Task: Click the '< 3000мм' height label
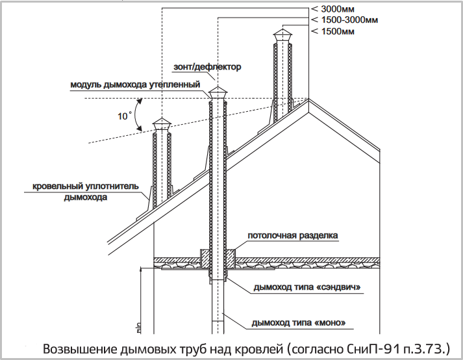click(x=332, y=9)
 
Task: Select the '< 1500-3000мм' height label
click(x=345, y=19)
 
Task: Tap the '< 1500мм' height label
click(x=332, y=31)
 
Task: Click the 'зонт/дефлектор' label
click(x=207, y=67)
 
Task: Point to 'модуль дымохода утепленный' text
click(x=135, y=84)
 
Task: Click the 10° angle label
click(x=125, y=116)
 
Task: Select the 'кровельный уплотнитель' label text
click(x=86, y=186)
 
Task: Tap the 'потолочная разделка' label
click(x=293, y=236)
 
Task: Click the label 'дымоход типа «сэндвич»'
click(x=307, y=287)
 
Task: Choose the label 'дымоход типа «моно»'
click(x=299, y=322)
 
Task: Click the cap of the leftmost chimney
click(x=162, y=124)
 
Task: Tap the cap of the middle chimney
click(x=218, y=93)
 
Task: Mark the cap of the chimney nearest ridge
click(x=282, y=36)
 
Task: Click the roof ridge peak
click(x=308, y=99)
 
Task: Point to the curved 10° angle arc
click(x=135, y=114)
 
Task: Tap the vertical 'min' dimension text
click(x=139, y=328)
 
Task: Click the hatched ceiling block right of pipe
click(x=231, y=259)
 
